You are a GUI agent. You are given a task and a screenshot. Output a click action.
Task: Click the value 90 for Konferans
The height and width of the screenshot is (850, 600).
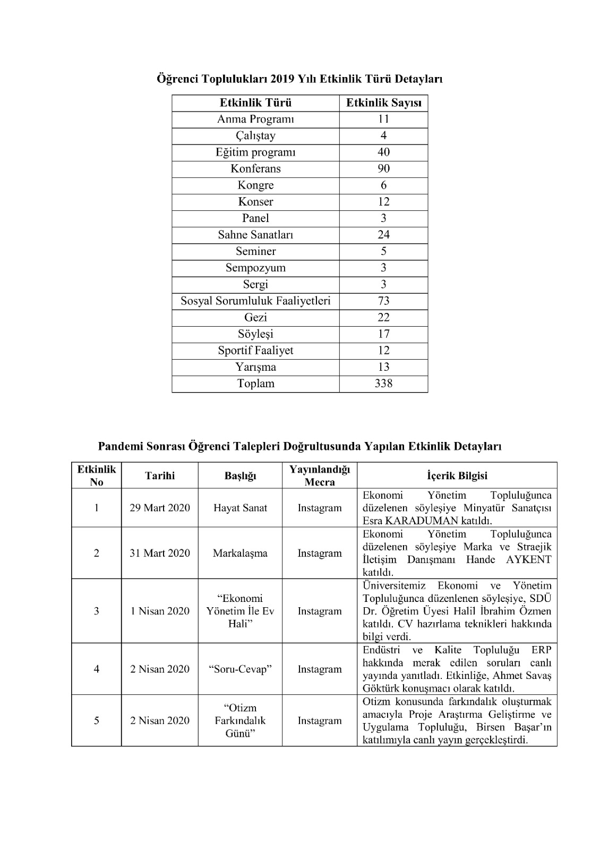pos(383,169)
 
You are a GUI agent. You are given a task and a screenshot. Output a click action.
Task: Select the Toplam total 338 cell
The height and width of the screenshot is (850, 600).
pos(383,384)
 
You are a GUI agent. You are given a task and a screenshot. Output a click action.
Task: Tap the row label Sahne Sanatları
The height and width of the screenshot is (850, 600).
pos(255,235)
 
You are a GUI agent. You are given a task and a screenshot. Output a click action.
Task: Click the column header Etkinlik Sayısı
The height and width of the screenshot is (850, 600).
pos(383,103)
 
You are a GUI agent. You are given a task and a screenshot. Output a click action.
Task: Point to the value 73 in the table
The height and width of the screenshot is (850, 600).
pos(383,301)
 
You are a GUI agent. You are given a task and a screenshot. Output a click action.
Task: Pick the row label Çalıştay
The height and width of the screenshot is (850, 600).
pos(255,136)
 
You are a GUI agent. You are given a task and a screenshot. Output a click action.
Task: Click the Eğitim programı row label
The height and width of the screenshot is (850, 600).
pos(255,152)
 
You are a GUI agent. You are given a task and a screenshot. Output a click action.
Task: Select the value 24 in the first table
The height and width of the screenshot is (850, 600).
pos(383,235)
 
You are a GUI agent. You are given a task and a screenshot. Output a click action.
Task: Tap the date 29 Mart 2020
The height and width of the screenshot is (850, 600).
pos(160,508)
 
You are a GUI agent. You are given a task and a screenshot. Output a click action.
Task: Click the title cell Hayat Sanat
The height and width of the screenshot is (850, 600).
pos(240,508)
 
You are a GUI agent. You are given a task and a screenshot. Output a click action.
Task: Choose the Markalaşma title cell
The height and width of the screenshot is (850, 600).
pos(240,553)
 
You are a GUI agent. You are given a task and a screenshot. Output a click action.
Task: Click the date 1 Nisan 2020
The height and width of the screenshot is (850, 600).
pos(160,611)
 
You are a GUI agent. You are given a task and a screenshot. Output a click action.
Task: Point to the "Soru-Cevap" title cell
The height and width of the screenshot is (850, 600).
pos(240,669)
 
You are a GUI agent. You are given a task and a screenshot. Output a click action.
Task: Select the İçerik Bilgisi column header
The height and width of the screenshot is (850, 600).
pos(457,476)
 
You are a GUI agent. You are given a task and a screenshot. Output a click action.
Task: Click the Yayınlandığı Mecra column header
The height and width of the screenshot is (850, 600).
pos(320,476)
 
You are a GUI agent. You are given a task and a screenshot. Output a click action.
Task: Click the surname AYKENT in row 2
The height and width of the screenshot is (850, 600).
pos(528,560)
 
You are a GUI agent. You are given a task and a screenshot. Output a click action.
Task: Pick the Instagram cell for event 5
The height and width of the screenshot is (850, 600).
pos(320,721)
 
